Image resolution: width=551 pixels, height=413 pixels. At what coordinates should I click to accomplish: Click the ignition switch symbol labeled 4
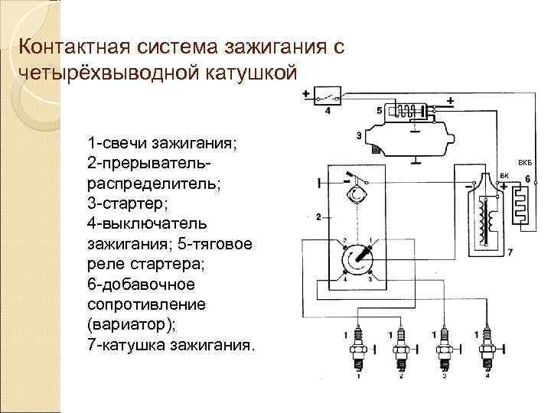pyautogui.click(x=330, y=98)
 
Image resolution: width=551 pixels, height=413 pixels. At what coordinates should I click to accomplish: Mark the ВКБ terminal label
pyautogui.click(x=524, y=163)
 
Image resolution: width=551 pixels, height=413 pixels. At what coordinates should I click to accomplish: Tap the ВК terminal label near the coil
pyautogui.click(x=504, y=176)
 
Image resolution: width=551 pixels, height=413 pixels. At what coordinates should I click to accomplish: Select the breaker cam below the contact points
pyautogui.click(x=357, y=194)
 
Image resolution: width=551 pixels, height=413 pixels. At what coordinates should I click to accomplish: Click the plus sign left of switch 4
pyautogui.click(x=306, y=95)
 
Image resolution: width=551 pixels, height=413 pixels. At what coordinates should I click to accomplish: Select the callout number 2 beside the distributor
pyautogui.click(x=318, y=218)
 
